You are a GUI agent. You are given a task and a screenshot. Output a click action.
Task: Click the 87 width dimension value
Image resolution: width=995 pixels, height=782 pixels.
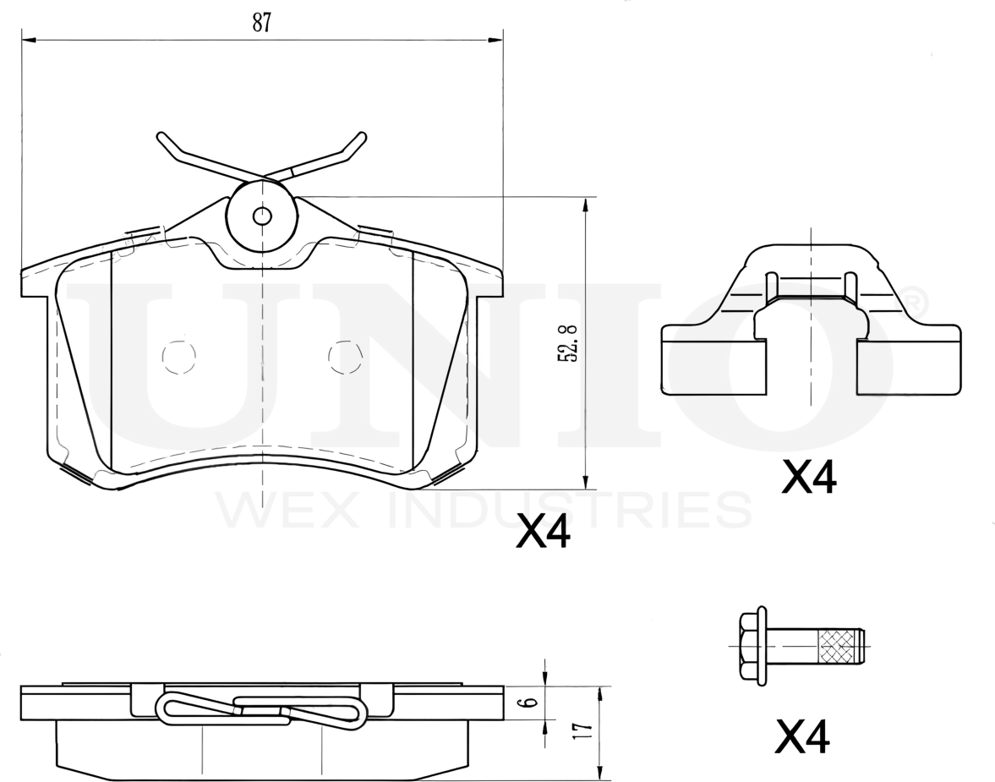click(x=262, y=22)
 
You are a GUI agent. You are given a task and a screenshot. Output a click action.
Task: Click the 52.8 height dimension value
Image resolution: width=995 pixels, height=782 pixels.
click(x=567, y=343)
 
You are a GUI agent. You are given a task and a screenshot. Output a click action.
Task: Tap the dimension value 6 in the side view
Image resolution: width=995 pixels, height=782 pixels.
click(x=532, y=703)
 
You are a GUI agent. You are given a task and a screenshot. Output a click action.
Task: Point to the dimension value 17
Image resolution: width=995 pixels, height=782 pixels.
click(x=585, y=730)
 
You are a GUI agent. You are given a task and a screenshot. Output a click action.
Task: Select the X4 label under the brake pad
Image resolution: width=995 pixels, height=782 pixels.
click(x=544, y=531)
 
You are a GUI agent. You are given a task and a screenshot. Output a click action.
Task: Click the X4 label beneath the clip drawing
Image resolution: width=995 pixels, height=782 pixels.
click(x=809, y=477)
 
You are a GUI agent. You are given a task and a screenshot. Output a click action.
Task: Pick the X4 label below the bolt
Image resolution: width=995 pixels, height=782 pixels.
click(x=803, y=736)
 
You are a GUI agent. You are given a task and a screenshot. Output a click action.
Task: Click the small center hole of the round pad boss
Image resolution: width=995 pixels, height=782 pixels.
click(x=262, y=216)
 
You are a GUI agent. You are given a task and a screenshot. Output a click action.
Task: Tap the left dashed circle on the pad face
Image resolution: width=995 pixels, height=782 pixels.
click(x=179, y=358)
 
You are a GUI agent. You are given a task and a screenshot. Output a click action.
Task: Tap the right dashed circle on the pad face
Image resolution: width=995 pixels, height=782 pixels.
click(x=346, y=358)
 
